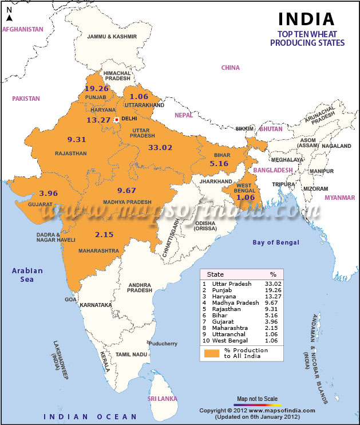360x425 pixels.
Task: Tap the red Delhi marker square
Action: coord(116,119)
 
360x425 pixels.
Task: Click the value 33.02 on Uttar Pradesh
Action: coord(160,147)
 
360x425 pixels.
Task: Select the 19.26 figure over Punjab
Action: coord(96,89)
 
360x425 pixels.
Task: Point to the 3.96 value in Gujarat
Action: coord(49,193)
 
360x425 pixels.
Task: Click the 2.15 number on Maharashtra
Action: coord(105,234)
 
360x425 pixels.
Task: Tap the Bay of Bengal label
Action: coord(276,242)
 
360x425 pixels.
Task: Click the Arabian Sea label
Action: coord(24,275)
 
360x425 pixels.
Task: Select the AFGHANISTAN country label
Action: coord(23,29)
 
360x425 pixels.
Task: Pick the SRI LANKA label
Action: coord(162,398)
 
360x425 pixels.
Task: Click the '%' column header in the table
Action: coord(272,274)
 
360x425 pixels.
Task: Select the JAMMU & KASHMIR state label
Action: coord(112,36)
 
